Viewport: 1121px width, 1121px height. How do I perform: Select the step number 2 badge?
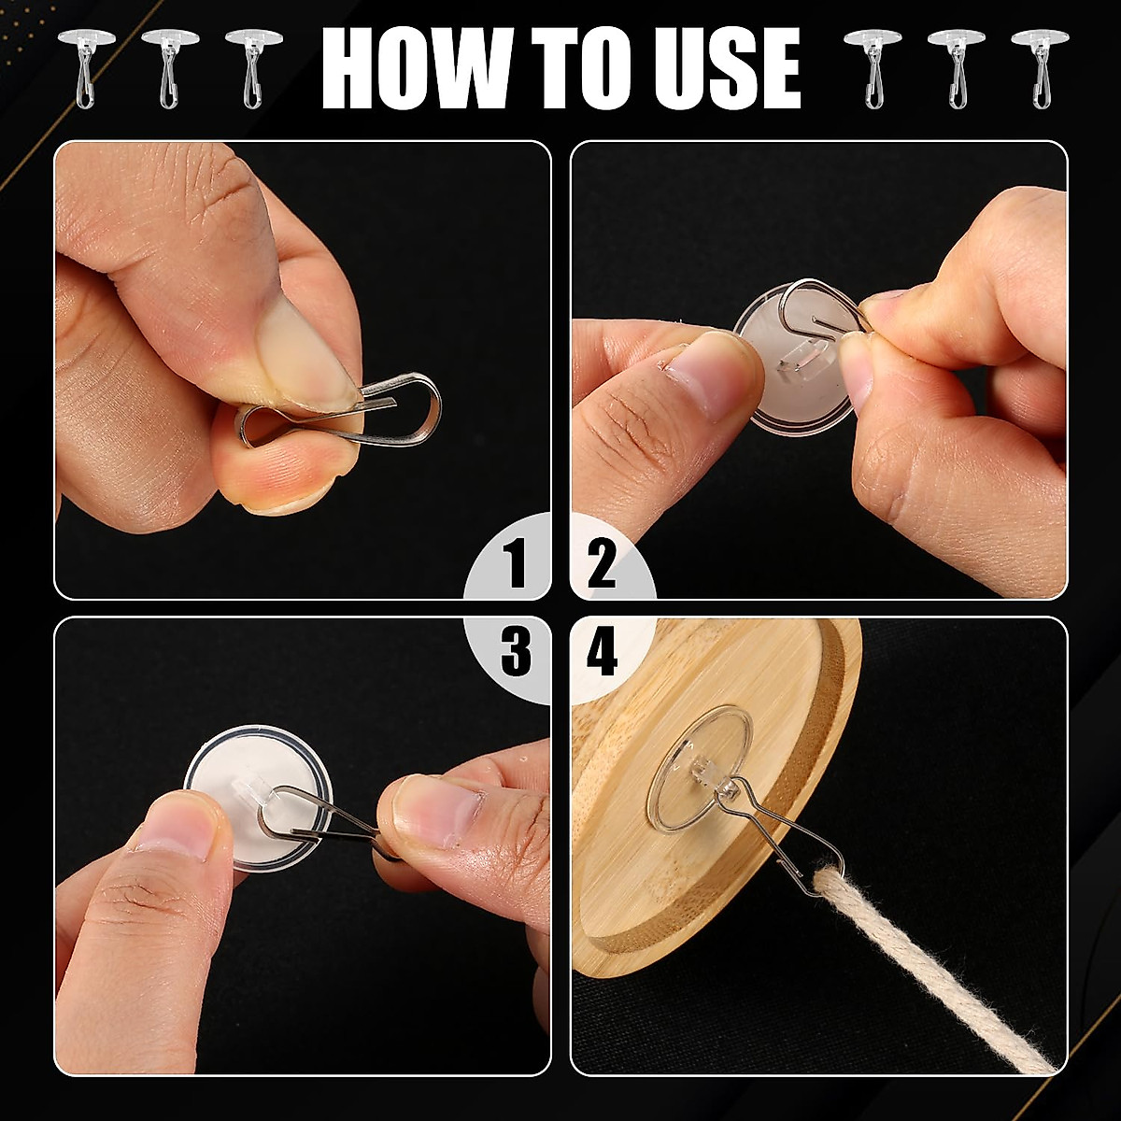603,565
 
